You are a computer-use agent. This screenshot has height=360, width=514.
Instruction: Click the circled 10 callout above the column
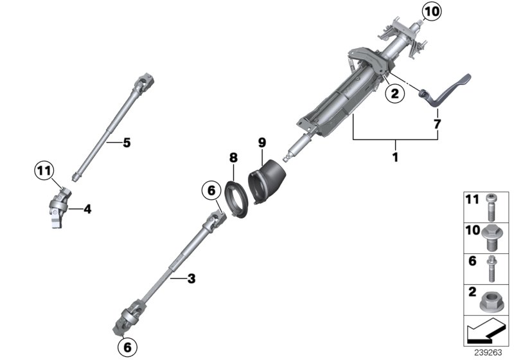coord(432,12)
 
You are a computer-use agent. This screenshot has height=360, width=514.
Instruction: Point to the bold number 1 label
coord(395,156)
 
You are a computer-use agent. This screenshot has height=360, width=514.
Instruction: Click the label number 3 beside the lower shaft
coord(191,278)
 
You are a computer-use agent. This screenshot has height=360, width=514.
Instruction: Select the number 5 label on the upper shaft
coord(127,143)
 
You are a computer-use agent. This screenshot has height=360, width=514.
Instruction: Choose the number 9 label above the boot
coord(262,141)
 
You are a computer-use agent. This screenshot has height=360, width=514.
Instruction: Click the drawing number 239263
coord(490,353)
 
